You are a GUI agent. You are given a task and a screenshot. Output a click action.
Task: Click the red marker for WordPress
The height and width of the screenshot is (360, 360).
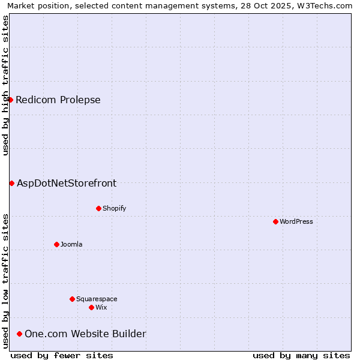click(x=275, y=221)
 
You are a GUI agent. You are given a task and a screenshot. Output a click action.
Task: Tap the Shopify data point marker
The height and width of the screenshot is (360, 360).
click(x=98, y=208)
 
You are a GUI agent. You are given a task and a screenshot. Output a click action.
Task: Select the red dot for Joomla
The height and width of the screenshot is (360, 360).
click(x=56, y=244)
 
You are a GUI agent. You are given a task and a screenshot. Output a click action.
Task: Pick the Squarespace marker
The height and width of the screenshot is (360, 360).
click(x=72, y=299)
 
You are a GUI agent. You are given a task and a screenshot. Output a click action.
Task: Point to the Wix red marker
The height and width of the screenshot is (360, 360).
click(x=91, y=307)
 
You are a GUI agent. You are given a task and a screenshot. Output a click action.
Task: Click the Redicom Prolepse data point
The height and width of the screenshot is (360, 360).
click(x=10, y=100)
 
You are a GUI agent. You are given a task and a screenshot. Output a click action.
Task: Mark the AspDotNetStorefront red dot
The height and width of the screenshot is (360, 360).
click(x=11, y=183)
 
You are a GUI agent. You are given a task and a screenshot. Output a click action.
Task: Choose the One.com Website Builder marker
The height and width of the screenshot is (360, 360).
click(x=19, y=334)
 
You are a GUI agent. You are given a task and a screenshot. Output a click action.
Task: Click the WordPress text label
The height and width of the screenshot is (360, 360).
click(x=296, y=221)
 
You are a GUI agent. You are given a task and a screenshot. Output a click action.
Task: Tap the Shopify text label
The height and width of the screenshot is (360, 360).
click(x=114, y=208)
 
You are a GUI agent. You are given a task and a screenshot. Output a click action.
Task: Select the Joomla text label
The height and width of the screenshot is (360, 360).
click(x=71, y=244)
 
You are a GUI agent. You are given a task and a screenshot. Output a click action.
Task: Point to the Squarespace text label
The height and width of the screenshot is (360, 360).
click(x=97, y=299)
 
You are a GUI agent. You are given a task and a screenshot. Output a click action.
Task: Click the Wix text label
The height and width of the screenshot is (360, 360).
click(x=101, y=307)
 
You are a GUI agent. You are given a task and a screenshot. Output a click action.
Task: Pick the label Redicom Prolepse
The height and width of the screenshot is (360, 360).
click(x=58, y=100)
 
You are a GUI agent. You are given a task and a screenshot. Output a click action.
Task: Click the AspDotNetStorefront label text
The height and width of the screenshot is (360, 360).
click(x=67, y=183)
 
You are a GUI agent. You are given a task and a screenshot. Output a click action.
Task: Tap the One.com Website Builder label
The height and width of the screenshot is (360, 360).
click(x=85, y=334)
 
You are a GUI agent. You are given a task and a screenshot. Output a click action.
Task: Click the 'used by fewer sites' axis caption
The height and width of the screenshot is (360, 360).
click(x=62, y=355)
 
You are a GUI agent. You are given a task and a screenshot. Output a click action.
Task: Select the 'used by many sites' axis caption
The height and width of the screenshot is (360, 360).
click(x=301, y=355)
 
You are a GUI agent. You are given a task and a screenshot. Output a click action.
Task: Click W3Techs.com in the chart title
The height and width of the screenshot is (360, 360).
click(x=326, y=5)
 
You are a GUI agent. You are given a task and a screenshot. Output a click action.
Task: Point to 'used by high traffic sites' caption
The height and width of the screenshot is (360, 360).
click(x=5, y=85)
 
